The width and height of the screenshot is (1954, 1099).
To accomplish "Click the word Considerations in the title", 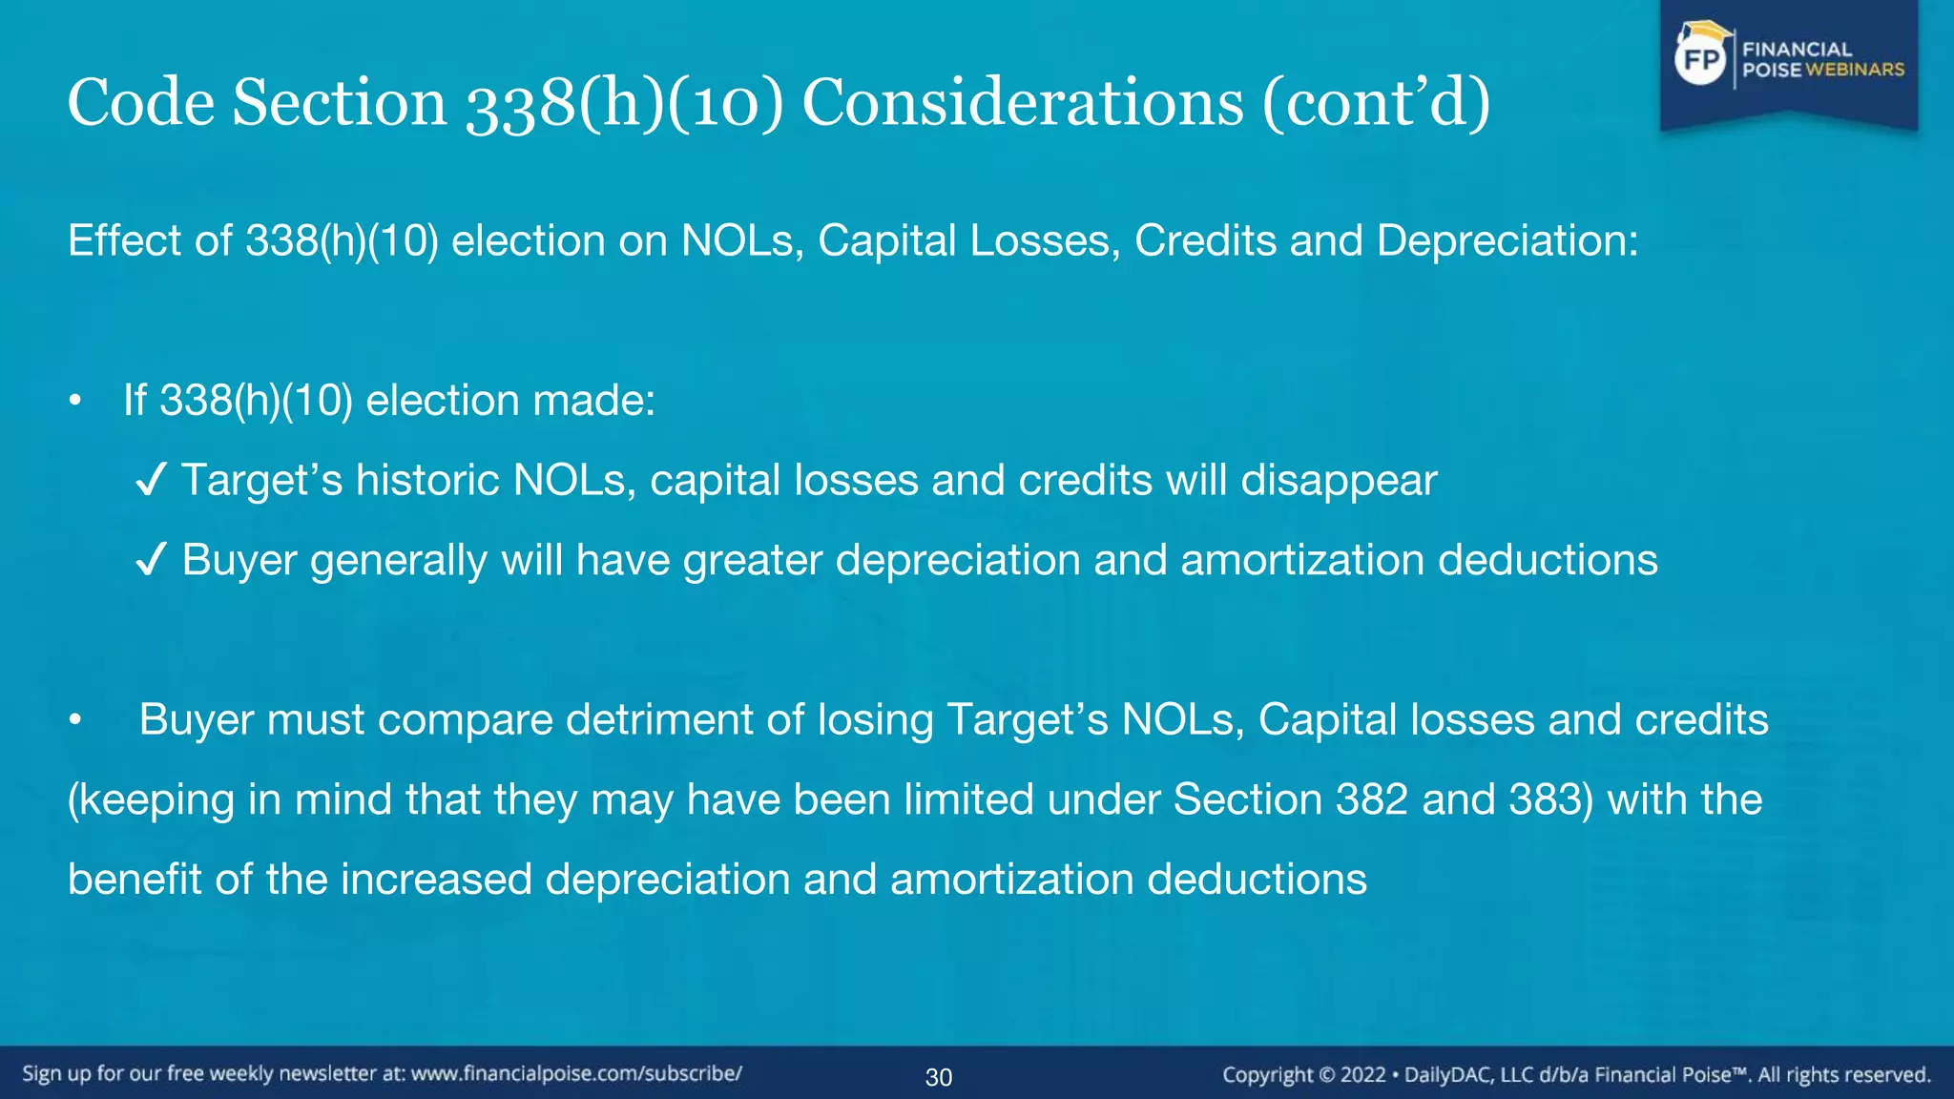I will pos(1023,102).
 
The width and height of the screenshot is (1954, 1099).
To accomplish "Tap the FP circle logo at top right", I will pos(1701,60).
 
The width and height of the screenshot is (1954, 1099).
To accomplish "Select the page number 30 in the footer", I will pos(939,1077).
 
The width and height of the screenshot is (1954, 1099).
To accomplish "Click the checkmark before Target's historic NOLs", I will pos(152,480).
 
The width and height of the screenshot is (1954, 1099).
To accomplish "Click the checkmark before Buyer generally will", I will pos(152,560).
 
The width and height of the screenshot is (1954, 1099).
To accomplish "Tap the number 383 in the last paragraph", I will pos(1546,799).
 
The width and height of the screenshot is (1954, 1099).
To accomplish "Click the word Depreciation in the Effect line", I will pos(1507,240).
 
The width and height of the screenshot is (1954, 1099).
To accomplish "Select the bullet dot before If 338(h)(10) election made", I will pos(75,401).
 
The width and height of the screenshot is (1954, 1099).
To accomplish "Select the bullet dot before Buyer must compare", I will pos(75,721).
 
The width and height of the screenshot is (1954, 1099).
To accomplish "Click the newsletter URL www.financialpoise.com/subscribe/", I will pos(576,1073).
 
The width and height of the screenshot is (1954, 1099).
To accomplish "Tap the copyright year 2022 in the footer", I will pos(1363,1075).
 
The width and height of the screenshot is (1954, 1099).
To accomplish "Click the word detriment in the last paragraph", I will pos(662,719).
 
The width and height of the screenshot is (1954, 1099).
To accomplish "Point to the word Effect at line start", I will pos(124,240).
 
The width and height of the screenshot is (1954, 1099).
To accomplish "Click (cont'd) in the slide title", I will pos(1376,102).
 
